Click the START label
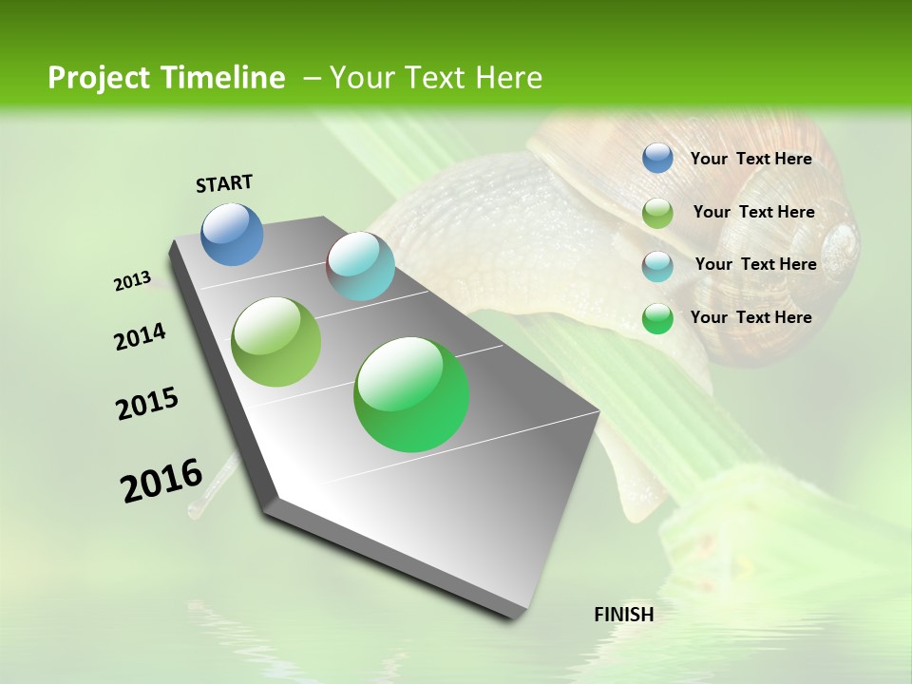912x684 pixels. [x=224, y=183]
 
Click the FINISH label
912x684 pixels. [x=624, y=615]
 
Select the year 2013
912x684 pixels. [x=133, y=282]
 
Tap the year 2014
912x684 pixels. [x=141, y=336]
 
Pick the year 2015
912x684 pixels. [x=147, y=404]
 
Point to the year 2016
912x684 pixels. [x=161, y=481]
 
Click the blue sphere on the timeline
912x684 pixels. [x=233, y=234]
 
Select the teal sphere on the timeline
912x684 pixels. [x=360, y=266]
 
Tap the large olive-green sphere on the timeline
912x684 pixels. [x=276, y=342]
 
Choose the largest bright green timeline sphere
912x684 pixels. [x=411, y=394]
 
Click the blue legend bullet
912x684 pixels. [x=657, y=158]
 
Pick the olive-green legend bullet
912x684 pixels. [x=657, y=213]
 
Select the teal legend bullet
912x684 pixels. [x=657, y=266]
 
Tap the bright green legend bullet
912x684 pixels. [x=657, y=318]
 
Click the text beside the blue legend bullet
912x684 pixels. [x=750, y=159]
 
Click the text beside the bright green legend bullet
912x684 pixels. [x=750, y=317]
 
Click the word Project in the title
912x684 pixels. [x=99, y=78]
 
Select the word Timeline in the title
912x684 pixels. [x=226, y=78]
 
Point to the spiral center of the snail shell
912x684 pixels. [x=840, y=240]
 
